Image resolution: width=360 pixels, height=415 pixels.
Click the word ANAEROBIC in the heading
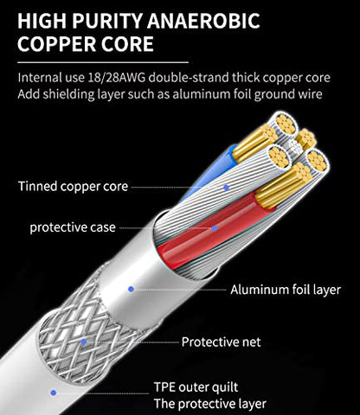[205, 21]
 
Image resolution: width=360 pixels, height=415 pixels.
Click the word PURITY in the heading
[107, 21]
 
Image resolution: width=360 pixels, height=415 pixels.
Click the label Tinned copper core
[73, 187]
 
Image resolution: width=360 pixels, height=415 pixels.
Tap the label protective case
[73, 227]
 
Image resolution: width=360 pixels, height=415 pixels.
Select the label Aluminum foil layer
[286, 290]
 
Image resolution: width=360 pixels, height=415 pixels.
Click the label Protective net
[222, 342]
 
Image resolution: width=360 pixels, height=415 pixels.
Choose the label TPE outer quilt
[196, 387]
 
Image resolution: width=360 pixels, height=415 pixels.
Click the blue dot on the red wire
[215, 228]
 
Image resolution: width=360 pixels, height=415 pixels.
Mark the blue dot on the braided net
[84, 342]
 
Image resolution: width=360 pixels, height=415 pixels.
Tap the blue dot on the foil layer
[131, 289]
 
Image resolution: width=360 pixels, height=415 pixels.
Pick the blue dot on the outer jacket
[53, 393]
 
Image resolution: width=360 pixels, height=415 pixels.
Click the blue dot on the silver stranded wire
[227, 188]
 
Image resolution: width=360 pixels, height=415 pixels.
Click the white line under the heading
[103, 62]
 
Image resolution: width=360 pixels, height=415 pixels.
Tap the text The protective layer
[210, 404]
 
